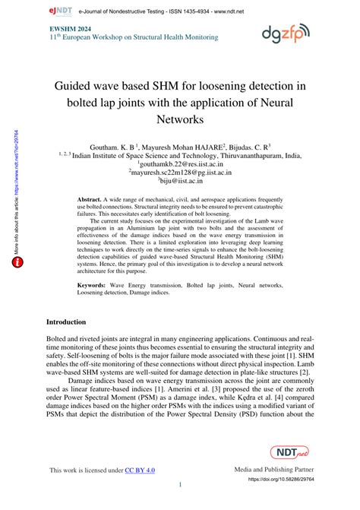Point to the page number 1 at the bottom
(x=180, y=485)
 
